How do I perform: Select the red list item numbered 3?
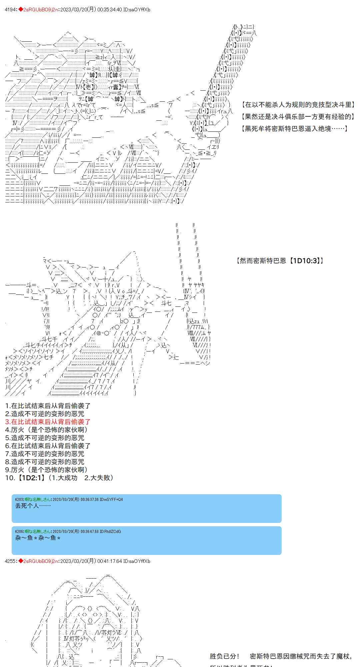click(x=48, y=422)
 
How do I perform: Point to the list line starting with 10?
click(x=60, y=478)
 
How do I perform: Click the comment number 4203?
click(x=19, y=499)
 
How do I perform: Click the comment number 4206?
click(x=19, y=531)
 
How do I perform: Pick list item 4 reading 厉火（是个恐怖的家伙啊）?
click(x=47, y=430)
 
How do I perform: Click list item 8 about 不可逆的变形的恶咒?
click(x=45, y=462)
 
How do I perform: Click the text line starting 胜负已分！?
click(x=280, y=656)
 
